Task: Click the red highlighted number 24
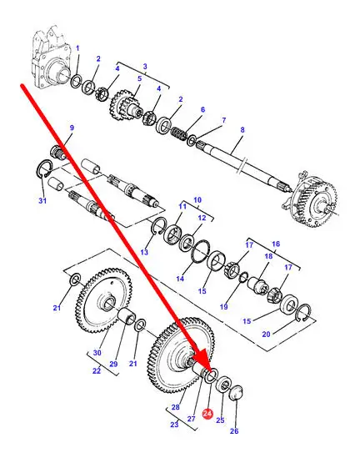[207, 414]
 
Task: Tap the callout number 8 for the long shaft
[242, 129]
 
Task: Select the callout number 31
[42, 201]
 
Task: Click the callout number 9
[72, 128]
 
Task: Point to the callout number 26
[234, 430]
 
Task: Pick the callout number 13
[144, 252]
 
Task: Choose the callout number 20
[266, 334]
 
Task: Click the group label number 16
[276, 244]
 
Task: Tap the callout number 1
[77, 48]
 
